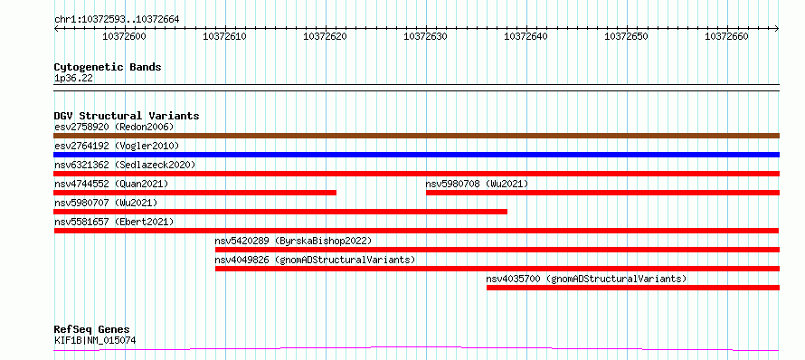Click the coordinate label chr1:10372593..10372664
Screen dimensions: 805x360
click(x=117, y=20)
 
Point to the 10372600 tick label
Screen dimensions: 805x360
click(x=124, y=36)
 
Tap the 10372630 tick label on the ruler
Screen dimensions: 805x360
click(x=426, y=36)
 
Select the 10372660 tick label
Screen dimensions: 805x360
click(x=726, y=36)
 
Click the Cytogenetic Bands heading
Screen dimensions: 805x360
click(x=108, y=67)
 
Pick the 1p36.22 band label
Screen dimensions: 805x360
click(x=73, y=79)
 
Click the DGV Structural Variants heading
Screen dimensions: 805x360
click(x=127, y=116)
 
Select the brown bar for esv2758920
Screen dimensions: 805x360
click(x=416, y=136)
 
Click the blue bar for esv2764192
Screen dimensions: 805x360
click(x=416, y=155)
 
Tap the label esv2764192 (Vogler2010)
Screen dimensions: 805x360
click(x=117, y=146)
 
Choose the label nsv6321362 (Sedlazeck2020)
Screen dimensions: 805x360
click(x=125, y=165)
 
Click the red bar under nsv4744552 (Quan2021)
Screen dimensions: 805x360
click(x=195, y=193)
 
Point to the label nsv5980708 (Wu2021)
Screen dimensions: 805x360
click(x=477, y=184)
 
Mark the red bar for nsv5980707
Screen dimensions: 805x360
click(x=280, y=212)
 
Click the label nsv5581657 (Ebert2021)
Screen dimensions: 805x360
click(x=114, y=222)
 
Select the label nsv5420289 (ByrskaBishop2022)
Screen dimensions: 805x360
click(x=293, y=241)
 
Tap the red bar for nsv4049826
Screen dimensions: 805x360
click(x=497, y=269)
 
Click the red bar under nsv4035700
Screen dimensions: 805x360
click(x=633, y=288)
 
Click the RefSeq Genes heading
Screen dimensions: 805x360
click(x=92, y=329)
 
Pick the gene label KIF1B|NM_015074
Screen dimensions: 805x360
click(x=95, y=340)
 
